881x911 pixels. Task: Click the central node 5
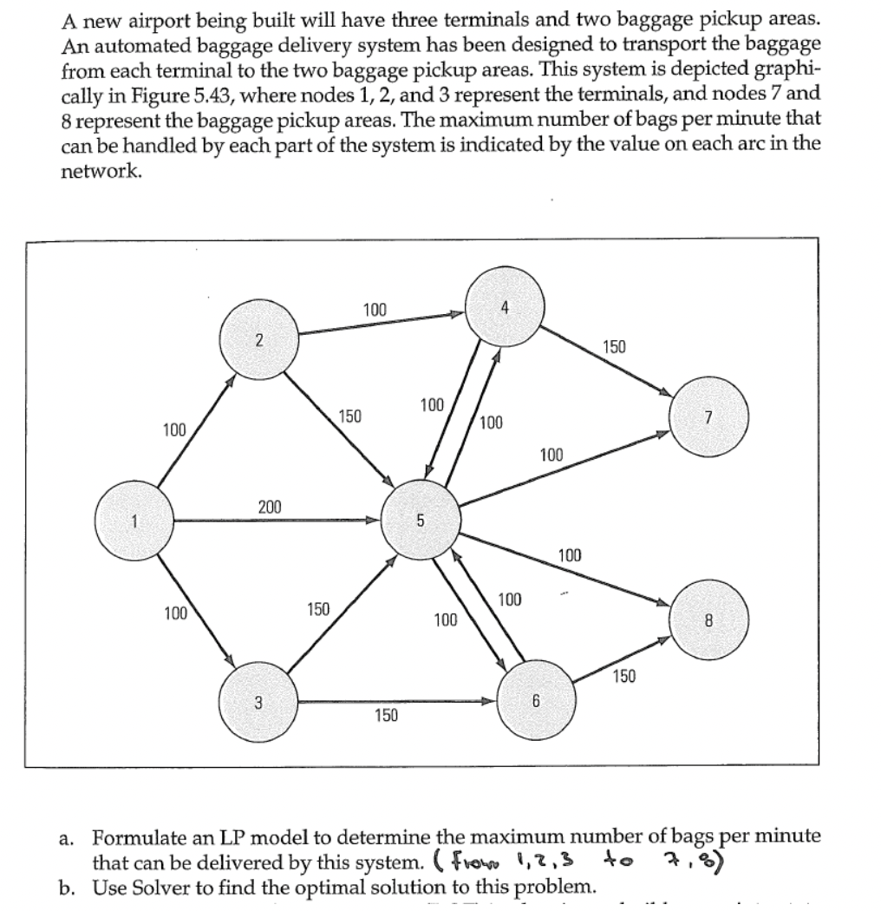(421, 521)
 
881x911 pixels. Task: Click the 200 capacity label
(270, 506)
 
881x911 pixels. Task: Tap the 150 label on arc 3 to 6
(386, 715)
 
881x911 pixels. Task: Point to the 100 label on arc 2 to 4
(375, 309)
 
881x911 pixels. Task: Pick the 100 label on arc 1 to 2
(174, 429)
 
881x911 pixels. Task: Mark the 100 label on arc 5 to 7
(551, 454)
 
